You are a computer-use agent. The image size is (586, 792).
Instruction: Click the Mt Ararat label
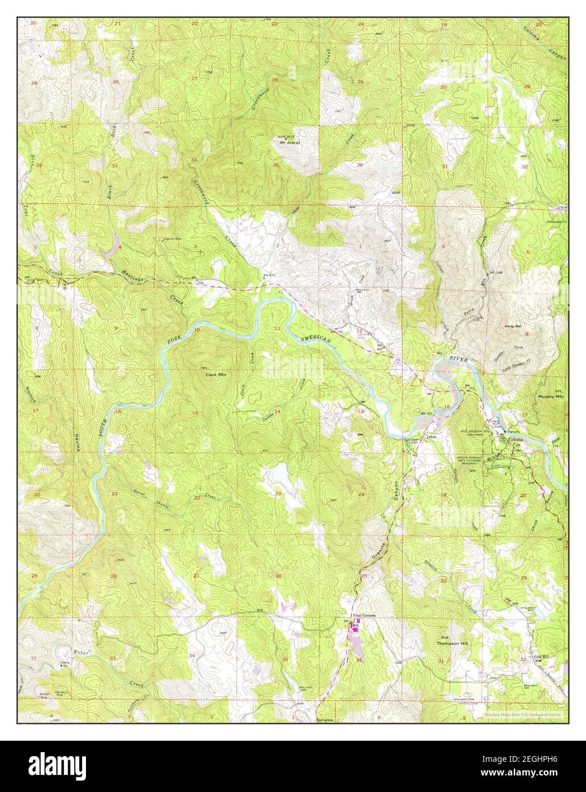coord(289,143)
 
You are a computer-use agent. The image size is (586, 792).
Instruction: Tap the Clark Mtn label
coord(211,376)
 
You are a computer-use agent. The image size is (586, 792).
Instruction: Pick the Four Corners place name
coord(364,616)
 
